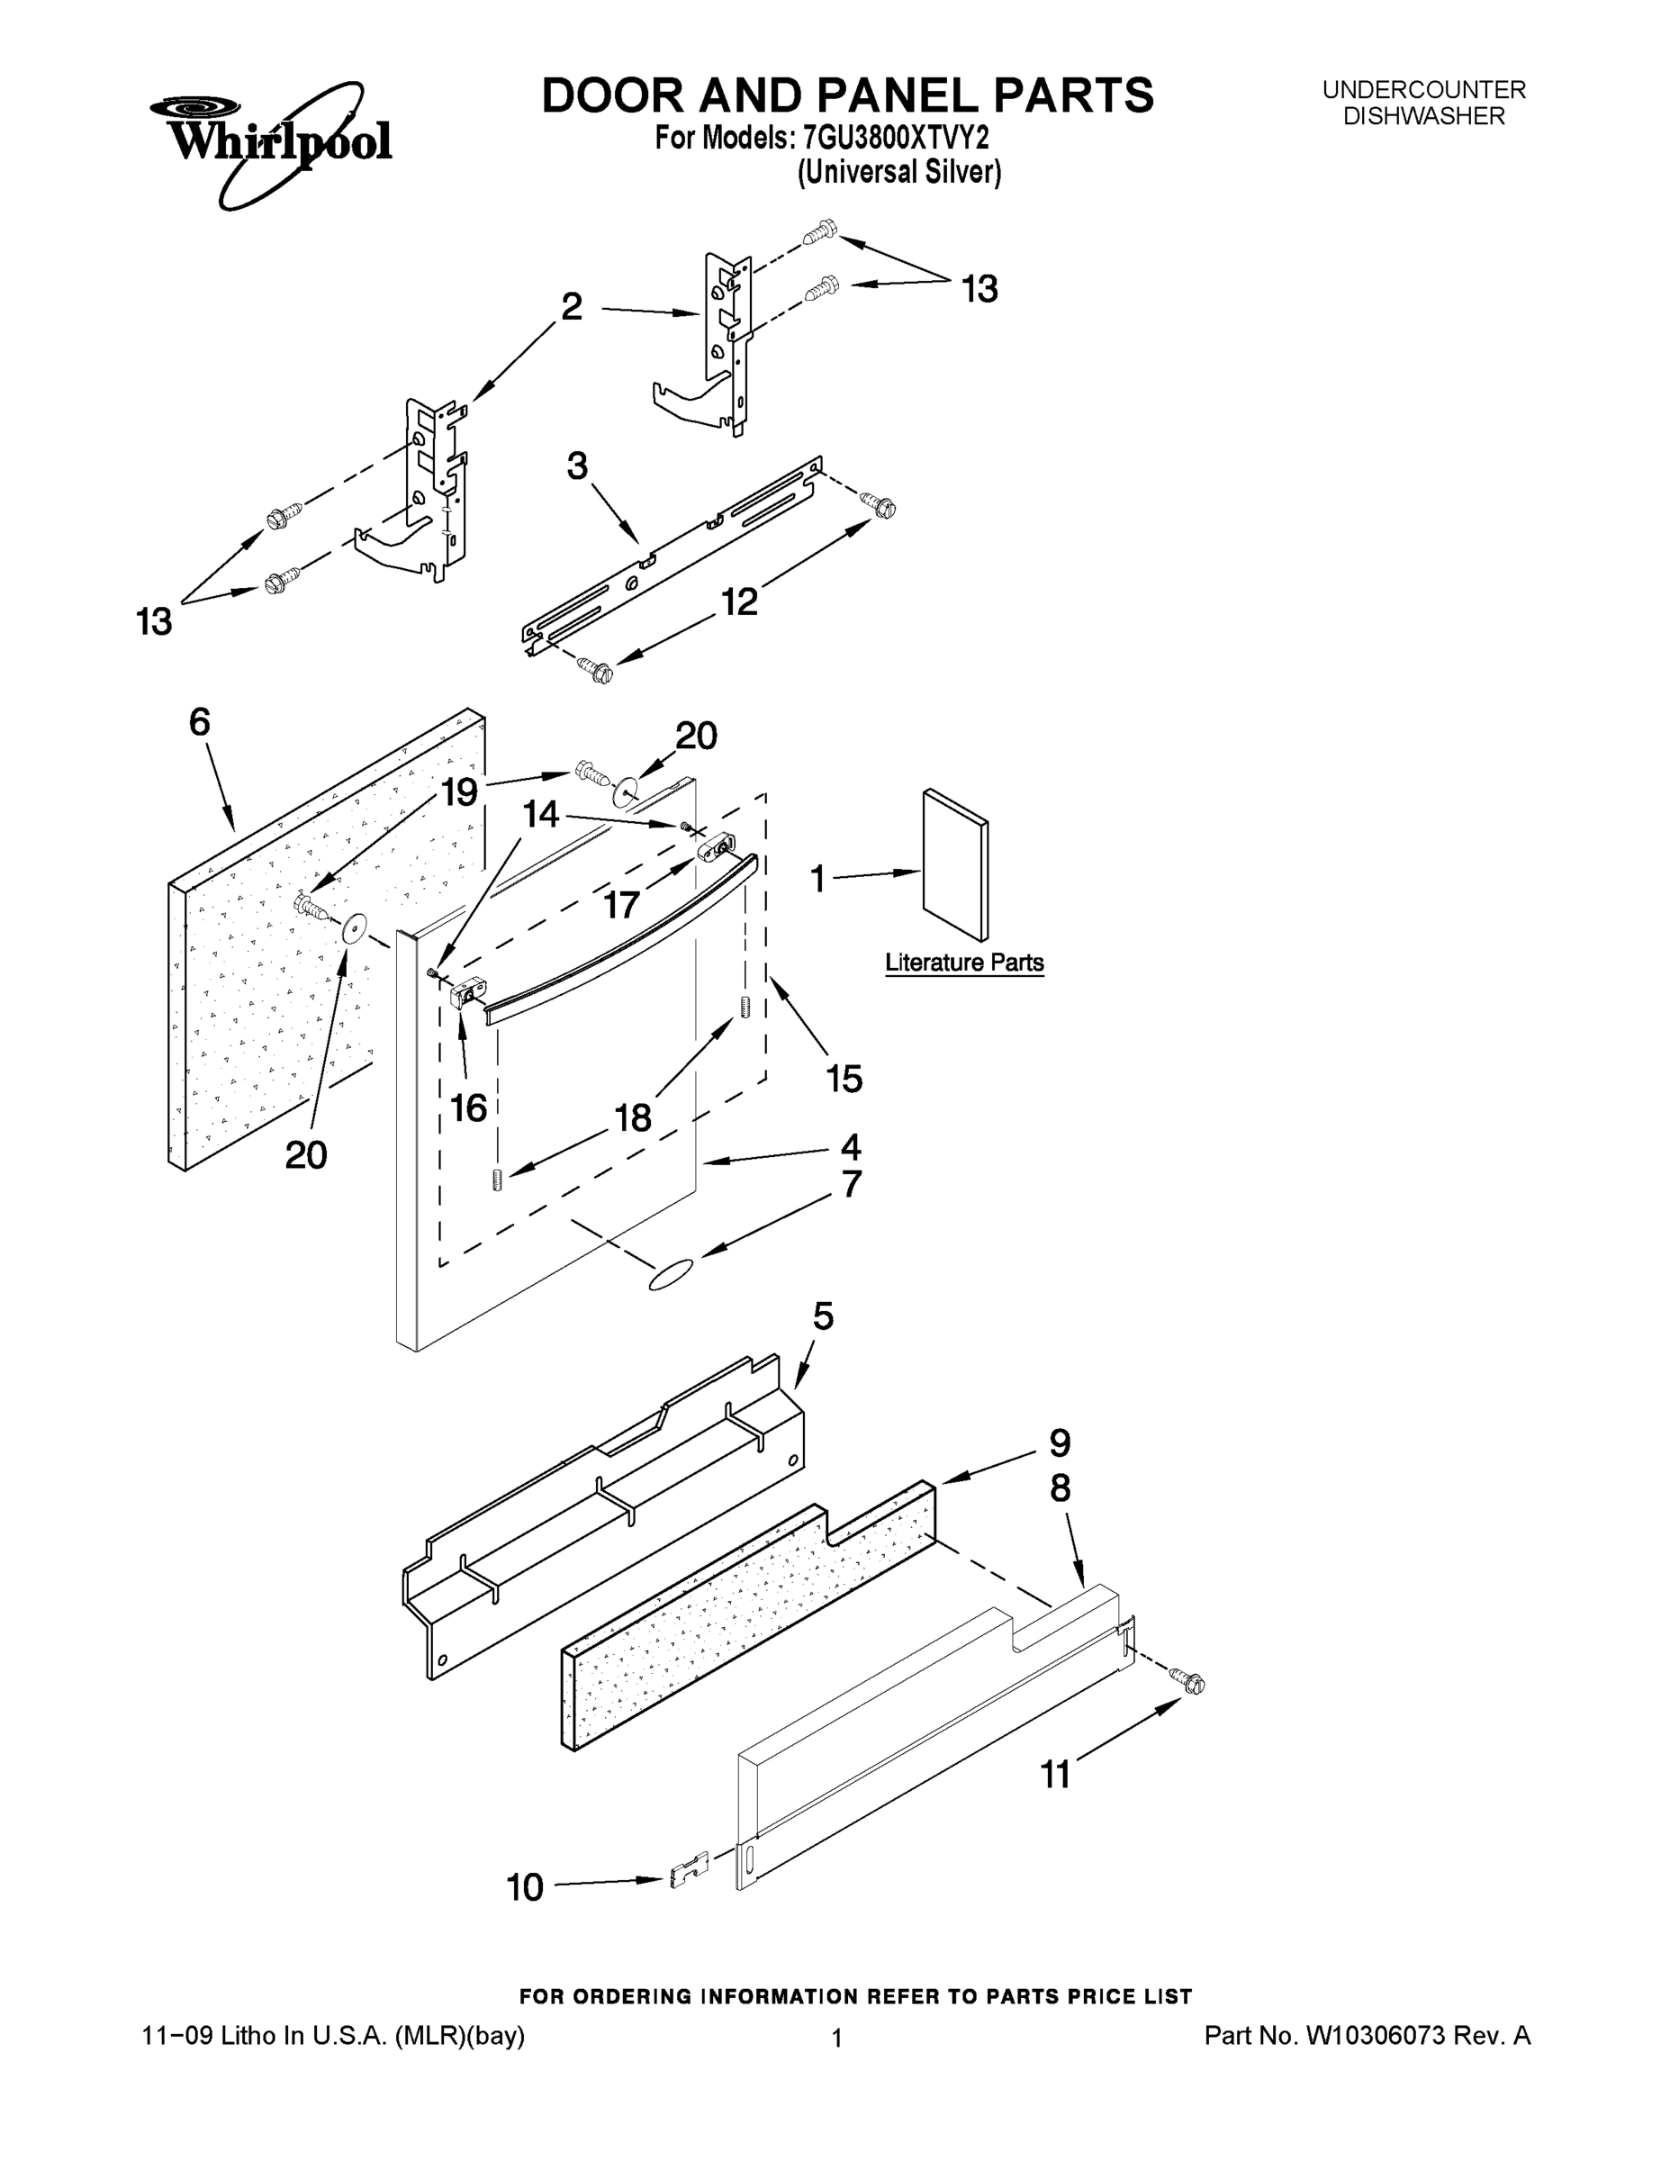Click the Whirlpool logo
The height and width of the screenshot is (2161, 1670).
[271, 141]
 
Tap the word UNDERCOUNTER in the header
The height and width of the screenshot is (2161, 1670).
[1423, 90]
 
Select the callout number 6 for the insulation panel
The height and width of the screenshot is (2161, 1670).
[200, 722]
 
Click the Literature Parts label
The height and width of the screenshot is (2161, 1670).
[963, 962]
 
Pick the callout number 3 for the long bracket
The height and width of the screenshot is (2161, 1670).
[577, 465]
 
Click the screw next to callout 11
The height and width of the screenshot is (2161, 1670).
[1187, 1678]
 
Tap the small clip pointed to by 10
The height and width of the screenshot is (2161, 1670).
[690, 1870]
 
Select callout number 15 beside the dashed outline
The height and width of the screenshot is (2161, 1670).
[844, 1078]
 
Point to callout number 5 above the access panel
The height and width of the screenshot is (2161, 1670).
[823, 1316]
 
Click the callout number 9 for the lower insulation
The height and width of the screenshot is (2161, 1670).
[1060, 1442]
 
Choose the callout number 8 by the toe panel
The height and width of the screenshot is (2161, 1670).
[1060, 1488]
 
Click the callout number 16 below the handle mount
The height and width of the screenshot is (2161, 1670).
[469, 1108]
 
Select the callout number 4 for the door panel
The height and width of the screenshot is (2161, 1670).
[851, 1147]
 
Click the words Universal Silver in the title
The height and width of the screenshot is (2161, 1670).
[899, 172]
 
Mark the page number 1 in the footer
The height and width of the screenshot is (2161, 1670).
[836, 2039]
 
